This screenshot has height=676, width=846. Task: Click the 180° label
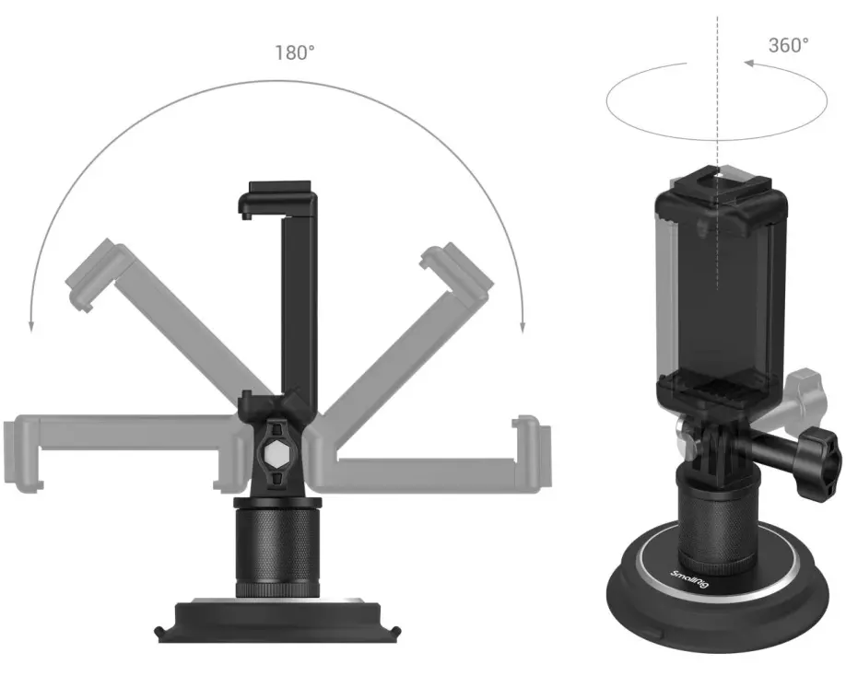pyautogui.click(x=295, y=52)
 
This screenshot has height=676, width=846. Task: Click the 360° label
pyautogui.click(x=788, y=45)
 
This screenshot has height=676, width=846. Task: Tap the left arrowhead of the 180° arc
pyautogui.click(x=31, y=327)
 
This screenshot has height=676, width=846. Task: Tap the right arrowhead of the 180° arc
pyautogui.click(x=523, y=327)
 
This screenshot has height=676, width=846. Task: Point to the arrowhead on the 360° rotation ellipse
pyautogui.click(x=749, y=63)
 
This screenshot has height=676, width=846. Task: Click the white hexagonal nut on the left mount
pyautogui.click(x=277, y=449)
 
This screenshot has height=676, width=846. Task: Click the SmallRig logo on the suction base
pyautogui.click(x=689, y=578)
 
